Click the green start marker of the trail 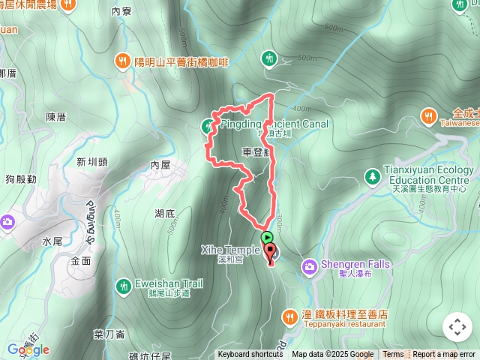(x=268, y=237)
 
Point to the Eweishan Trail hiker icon (x=123, y=285)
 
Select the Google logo (x=28, y=349)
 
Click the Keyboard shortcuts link (x=250, y=355)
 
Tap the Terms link (x=393, y=355)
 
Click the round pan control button (x=457, y=327)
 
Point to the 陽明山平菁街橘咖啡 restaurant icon (x=122, y=61)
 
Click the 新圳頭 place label (x=92, y=161)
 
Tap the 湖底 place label (x=165, y=214)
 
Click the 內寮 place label (x=121, y=11)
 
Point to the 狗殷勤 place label (x=20, y=179)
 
